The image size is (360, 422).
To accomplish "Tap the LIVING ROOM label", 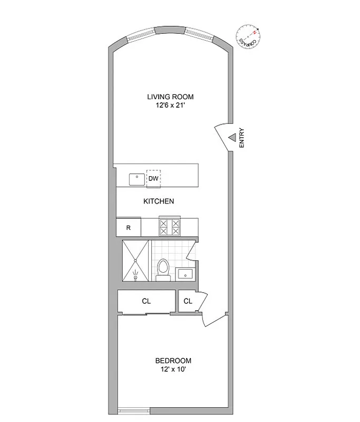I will [170, 97].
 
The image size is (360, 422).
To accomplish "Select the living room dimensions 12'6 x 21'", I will [170, 105].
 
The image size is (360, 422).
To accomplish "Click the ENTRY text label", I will [242, 138].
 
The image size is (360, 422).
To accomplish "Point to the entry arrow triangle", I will [231, 138].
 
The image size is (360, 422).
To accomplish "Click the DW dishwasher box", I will [153, 178].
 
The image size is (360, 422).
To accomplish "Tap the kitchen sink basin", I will [137, 179].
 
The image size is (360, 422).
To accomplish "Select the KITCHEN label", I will [159, 202].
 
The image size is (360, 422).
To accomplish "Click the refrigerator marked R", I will [128, 228].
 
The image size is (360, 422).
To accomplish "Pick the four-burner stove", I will [170, 227].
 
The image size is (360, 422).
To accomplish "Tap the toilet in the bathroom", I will [163, 267].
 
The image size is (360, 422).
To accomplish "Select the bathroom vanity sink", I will [185, 273].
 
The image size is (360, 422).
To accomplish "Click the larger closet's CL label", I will [146, 302].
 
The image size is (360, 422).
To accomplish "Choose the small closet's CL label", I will [188, 302].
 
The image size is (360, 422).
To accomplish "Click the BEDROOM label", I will [173, 361].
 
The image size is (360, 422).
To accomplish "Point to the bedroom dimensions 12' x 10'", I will [173, 370].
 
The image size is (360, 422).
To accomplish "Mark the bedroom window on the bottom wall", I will [133, 410].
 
